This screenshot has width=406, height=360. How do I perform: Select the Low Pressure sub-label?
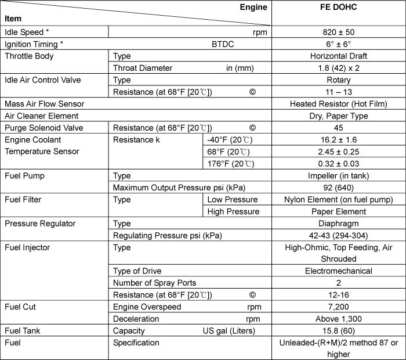point(232,200)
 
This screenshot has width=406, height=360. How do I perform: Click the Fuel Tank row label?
point(23,331)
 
